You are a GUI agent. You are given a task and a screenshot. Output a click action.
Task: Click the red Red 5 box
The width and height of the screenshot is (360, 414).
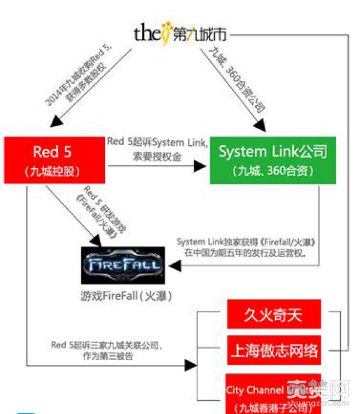[55, 160]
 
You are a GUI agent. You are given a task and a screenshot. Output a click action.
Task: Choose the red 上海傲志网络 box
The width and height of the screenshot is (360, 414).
[274, 350]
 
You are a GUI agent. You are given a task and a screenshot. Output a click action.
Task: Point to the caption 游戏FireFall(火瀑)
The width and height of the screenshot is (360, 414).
[124, 296]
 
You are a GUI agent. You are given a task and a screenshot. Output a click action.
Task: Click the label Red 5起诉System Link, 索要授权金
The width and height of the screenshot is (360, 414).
[157, 149]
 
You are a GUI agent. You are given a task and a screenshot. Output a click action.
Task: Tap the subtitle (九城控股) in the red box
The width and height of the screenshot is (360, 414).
[55, 172]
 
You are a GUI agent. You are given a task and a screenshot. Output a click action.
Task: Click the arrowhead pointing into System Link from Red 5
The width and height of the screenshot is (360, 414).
[202, 166]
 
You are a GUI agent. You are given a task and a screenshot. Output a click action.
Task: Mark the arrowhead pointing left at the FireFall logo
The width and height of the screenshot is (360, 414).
[172, 265]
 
